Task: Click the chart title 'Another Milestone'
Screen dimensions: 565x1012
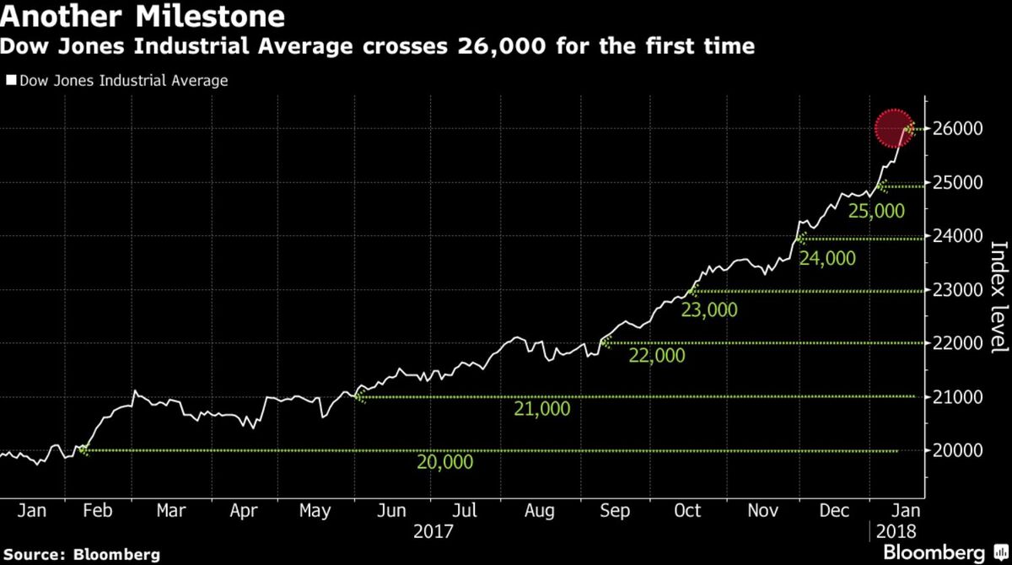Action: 143,17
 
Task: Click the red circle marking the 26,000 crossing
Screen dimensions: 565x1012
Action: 893,129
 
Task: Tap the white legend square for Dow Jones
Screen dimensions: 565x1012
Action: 10,81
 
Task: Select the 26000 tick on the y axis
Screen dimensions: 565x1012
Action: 958,129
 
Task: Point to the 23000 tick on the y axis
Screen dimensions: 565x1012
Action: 958,290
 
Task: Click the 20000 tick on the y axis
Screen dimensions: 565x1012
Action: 958,450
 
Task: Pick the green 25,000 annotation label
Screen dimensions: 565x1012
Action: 876,211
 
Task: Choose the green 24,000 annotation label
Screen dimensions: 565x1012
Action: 826,258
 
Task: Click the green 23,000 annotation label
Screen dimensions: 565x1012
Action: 708,310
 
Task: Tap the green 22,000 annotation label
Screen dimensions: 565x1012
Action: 657,356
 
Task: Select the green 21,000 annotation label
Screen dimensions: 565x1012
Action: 541,409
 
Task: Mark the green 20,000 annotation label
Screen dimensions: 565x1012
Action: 444,462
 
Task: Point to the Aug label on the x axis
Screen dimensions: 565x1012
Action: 538,511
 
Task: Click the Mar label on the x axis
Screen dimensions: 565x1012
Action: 171,511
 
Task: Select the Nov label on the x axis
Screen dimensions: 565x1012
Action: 762,511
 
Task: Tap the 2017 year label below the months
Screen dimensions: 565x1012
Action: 435,532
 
